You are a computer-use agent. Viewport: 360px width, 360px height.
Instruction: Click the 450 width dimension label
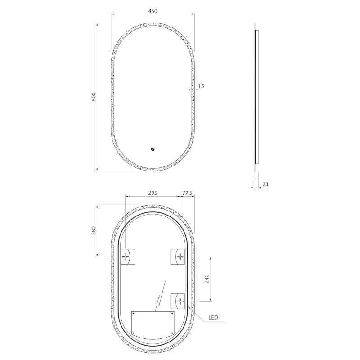153,11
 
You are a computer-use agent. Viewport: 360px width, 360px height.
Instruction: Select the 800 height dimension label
94,97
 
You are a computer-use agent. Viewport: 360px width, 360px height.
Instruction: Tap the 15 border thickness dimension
201,86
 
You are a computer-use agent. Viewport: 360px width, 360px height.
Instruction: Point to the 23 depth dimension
265,184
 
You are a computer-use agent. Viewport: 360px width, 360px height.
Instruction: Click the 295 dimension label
153,193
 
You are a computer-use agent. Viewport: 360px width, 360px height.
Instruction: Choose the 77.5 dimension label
187,193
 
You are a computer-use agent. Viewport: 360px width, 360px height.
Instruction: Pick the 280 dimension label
94,230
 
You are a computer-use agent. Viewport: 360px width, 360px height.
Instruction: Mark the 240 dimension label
207,279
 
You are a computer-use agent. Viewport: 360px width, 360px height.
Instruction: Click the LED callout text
213,318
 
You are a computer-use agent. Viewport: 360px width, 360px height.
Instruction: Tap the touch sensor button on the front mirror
153,149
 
